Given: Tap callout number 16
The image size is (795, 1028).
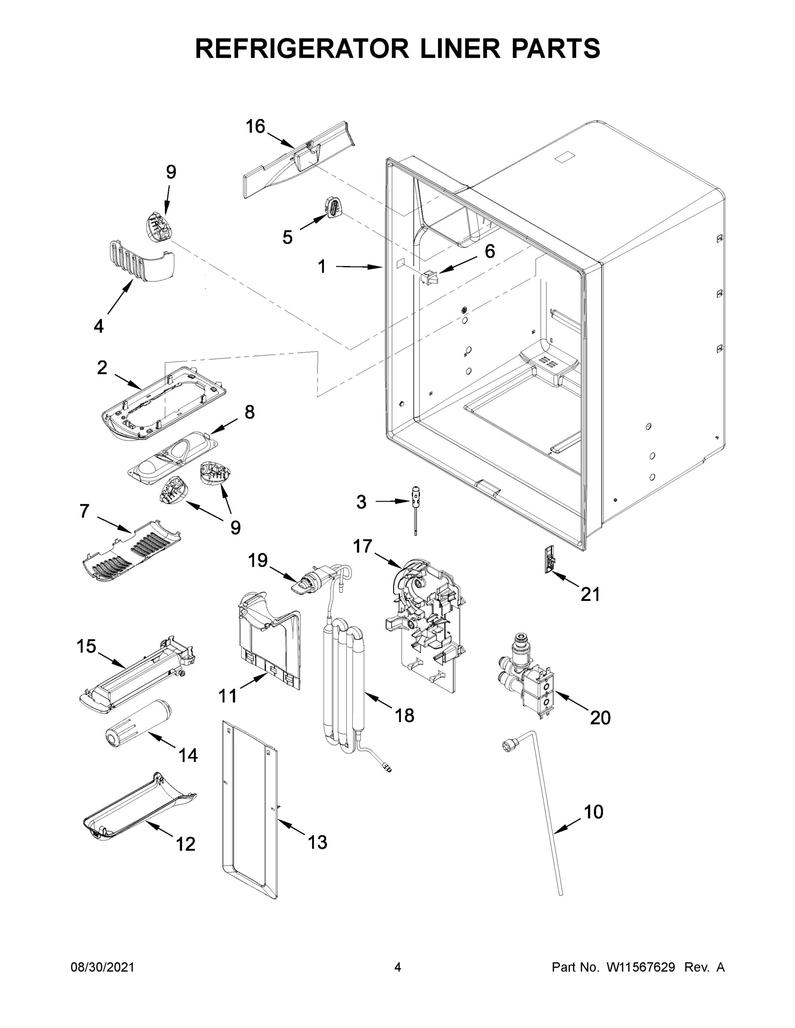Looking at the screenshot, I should (256, 127).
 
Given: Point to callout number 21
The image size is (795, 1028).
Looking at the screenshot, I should (590, 595).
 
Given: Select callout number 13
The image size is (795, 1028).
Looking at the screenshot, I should (318, 842).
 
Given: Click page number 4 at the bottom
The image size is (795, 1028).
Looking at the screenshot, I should (398, 967).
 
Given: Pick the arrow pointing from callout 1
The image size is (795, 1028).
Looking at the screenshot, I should (358, 267).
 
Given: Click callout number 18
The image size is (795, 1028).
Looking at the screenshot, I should (405, 715).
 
